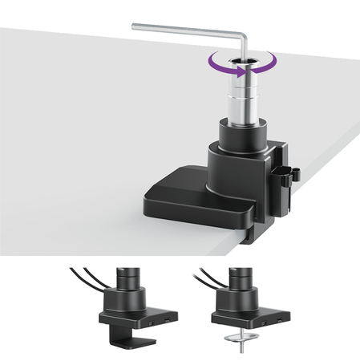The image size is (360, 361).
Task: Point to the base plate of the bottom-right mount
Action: (245, 318)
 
